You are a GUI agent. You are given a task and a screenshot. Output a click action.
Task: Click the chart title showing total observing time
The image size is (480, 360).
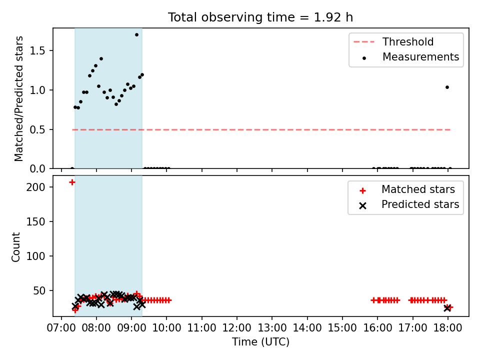pos(260,17)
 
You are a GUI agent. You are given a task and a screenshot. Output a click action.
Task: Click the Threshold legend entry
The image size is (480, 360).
pos(393,41)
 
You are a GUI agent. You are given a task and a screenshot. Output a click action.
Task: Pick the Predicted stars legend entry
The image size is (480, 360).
pos(409,204)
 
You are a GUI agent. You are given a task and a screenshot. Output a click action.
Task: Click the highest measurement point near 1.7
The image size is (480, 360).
pos(136,35)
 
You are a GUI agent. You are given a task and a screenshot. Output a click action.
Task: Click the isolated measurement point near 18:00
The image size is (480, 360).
pos(447,87)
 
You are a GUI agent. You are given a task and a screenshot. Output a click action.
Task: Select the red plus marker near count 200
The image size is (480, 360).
pos(72,182)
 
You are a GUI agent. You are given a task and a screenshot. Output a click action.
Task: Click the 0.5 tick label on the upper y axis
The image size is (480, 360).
pos(37,130)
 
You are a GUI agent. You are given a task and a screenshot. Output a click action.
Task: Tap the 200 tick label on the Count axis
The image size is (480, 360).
pos(35,187)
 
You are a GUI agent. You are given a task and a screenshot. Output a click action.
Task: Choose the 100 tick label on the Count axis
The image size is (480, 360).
pos(35,256)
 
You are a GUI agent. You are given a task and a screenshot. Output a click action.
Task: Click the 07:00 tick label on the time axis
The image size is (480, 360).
pos(61,328)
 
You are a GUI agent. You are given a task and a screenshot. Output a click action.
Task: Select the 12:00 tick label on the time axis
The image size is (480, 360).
pos(236,328)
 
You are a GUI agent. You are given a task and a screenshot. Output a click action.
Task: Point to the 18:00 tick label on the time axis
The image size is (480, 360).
pos(447,328)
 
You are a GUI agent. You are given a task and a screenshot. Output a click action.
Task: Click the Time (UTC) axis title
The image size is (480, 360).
pos(260,341)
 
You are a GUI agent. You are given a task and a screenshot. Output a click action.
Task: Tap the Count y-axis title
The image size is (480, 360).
pos(15,246)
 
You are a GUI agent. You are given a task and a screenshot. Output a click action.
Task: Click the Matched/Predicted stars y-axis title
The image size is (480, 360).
pos(18,98)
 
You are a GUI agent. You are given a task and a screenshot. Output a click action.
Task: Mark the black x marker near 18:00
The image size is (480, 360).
pos(447,308)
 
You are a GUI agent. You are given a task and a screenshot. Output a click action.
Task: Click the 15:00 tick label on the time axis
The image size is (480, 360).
pos(342,328)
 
